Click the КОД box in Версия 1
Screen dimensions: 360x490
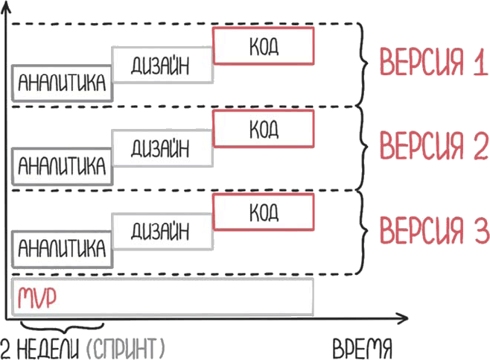tap(264, 46)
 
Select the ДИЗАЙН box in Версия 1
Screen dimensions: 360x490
tap(162, 66)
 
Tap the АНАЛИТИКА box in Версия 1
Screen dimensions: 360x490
tap(61, 83)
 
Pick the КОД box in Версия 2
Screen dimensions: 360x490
tap(264, 129)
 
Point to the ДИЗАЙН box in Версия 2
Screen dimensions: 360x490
tap(162, 148)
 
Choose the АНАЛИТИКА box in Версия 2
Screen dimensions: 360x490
tap(61, 165)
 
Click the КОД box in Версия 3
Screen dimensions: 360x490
tap(264, 212)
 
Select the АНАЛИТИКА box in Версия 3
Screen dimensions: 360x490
tap(61, 248)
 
